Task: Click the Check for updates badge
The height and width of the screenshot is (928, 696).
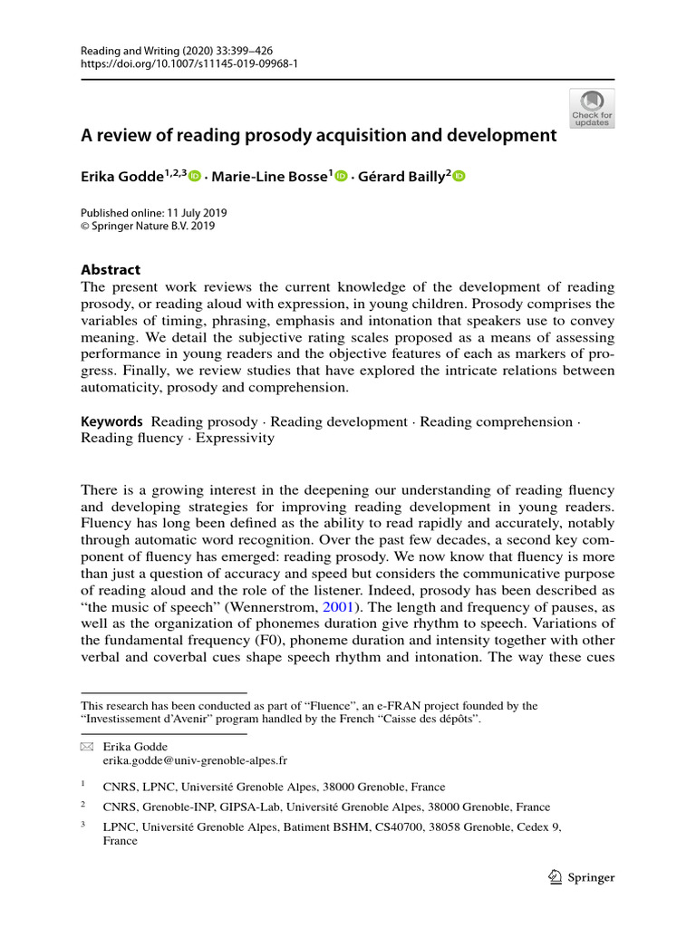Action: click(x=591, y=108)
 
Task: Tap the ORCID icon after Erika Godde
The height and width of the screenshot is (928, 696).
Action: click(x=194, y=177)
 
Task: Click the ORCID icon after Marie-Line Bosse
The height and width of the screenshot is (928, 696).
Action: click(x=341, y=177)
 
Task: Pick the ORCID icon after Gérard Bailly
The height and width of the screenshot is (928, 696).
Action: click(x=458, y=177)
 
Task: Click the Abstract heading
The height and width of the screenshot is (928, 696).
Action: click(x=111, y=269)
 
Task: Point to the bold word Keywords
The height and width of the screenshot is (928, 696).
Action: click(x=112, y=421)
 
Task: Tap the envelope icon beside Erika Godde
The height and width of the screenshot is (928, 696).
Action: click(x=87, y=745)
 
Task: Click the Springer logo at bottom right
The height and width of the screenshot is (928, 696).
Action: click(x=582, y=877)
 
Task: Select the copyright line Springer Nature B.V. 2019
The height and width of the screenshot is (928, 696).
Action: click(x=159, y=227)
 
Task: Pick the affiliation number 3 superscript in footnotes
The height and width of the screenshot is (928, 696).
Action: click(x=83, y=825)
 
